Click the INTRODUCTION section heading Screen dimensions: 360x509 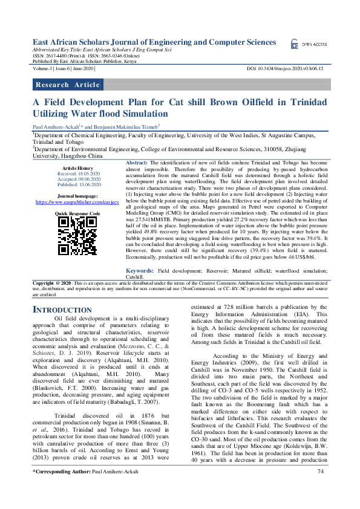click(x=61, y=310)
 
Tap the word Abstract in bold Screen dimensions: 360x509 click(x=137, y=163)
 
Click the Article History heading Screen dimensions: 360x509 click(x=77, y=167)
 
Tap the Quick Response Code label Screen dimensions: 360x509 click(x=77, y=213)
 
